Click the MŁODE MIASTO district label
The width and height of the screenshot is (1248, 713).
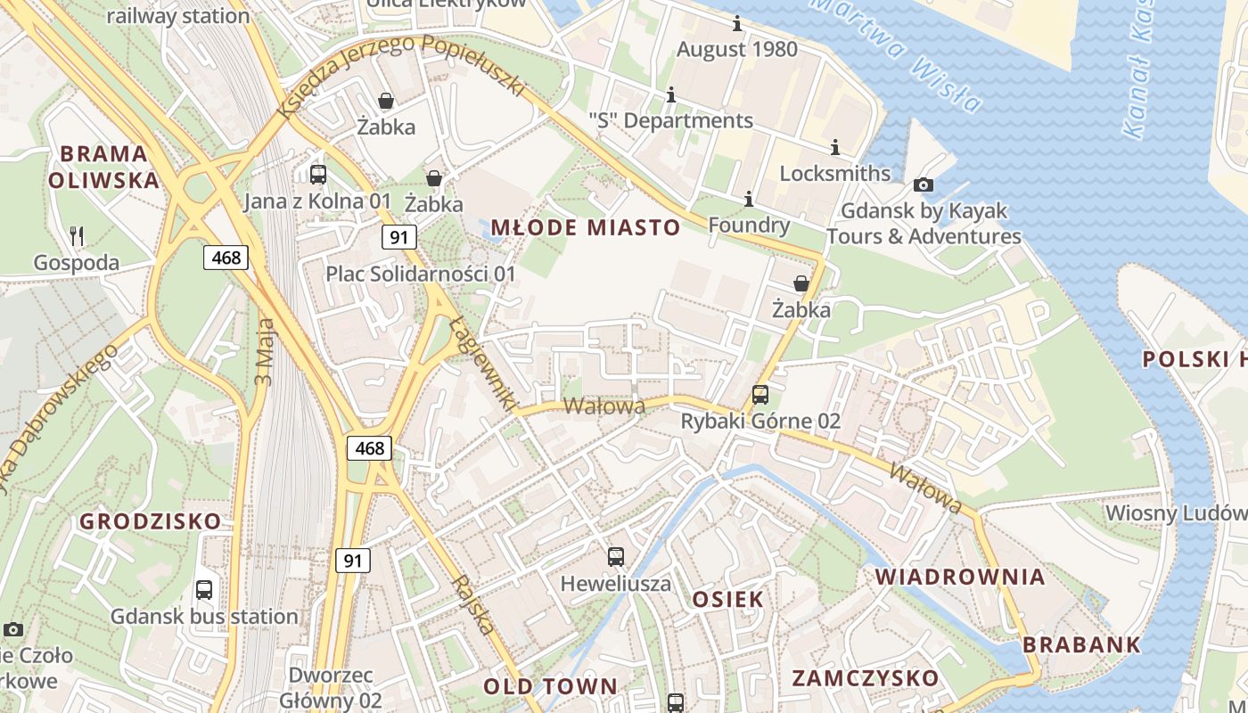[586, 227]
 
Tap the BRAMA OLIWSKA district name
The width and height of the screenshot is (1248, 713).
[103, 167]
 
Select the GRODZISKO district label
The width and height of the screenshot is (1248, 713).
[150, 521]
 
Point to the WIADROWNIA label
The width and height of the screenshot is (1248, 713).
[960, 577]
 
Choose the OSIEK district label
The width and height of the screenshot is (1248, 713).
[728, 599]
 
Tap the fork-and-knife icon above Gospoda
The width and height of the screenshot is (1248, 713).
[77, 236]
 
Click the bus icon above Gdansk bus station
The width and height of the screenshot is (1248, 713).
[204, 589]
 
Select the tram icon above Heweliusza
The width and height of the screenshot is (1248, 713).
[615, 558]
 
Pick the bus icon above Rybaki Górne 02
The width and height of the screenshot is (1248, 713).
[760, 394]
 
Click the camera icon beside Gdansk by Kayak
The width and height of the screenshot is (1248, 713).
[924, 184]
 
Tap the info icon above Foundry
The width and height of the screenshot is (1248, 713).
[748, 198]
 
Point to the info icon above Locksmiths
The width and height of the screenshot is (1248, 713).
[835, 147]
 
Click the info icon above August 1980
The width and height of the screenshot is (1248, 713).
[737, 23]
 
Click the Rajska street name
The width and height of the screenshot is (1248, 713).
[472, 603]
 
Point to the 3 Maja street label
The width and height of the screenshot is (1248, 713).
[265, 352]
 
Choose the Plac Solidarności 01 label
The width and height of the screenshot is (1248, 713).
[421, 274]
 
